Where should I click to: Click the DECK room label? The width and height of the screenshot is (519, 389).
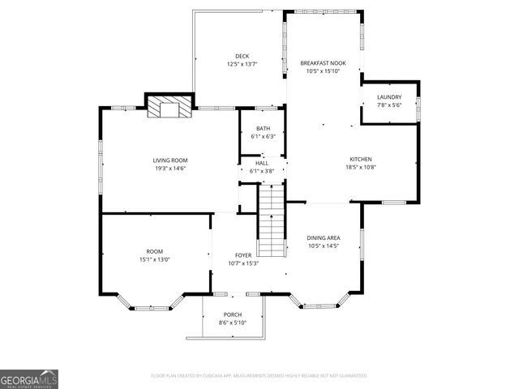(241, 56)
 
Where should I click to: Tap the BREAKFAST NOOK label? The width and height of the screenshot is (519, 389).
(323, 63)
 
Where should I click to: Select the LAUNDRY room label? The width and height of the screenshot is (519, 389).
(389, 97)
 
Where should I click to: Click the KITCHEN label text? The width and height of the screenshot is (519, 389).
(360, 159)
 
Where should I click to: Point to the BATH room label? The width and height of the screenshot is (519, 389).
(263, 129)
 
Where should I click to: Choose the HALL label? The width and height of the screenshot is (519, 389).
(262, 163)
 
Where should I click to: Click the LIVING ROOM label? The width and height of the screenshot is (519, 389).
(170, 160)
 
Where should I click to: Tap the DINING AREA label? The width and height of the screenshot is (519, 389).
(323, 237)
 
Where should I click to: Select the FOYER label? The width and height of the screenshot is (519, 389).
(242, 254)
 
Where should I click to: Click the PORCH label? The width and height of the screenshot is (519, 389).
(233, 314)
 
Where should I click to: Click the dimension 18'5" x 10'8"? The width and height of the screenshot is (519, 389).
(360, 167)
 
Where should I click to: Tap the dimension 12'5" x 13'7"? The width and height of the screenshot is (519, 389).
(241, 64)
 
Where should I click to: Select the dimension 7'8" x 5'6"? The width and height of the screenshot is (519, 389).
(389, 105)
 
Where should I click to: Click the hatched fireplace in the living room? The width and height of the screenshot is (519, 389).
(170, 109)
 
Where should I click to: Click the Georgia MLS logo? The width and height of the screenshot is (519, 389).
(29, 378)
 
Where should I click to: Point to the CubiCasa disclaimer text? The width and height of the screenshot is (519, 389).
(259, 376)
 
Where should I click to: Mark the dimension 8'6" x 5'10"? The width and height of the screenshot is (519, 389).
(233, 323)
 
